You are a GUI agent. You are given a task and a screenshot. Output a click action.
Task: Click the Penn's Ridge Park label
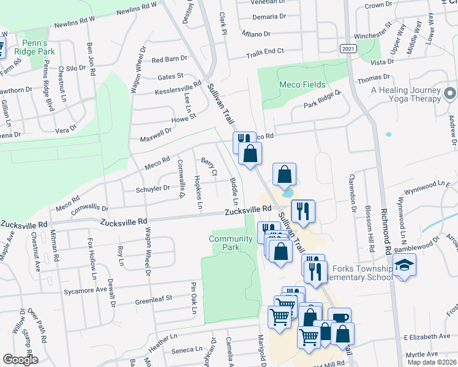(39, 48)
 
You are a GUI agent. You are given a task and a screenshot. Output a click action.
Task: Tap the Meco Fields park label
(302, 84)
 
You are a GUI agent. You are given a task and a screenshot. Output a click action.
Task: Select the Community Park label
(230, 243)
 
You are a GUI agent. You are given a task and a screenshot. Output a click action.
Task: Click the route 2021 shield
(348, 48)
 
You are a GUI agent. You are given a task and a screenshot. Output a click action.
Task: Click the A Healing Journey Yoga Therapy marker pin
(450, 94)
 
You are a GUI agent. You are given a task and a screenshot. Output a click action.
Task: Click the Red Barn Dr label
(169, 60)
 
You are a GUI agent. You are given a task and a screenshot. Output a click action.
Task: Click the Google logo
(20, 360)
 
